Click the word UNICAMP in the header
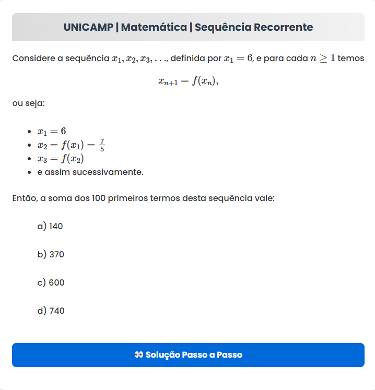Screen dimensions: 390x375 (x=88, y=27)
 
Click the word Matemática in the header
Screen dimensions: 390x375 (x=154, y=27)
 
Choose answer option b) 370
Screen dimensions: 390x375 (x=51, y=254)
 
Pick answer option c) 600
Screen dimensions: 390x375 (x=51, y=282)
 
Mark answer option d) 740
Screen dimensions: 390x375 (x=51, y=311)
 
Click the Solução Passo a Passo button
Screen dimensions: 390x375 (x=188, y=355)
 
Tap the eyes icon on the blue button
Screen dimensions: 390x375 (x=138, y=355)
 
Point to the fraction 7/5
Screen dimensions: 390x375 (x=102, y=145)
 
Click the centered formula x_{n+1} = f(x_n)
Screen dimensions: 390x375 (x=188, y=81)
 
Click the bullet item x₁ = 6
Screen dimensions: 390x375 (x=52, y=131)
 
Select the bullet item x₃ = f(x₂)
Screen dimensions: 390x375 (x=61, y=159)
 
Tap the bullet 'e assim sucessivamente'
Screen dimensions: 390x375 (x=90, y=172)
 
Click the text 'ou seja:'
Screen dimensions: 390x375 (x=28, y=103)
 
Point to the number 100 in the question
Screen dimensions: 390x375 (x=99, y=198)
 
